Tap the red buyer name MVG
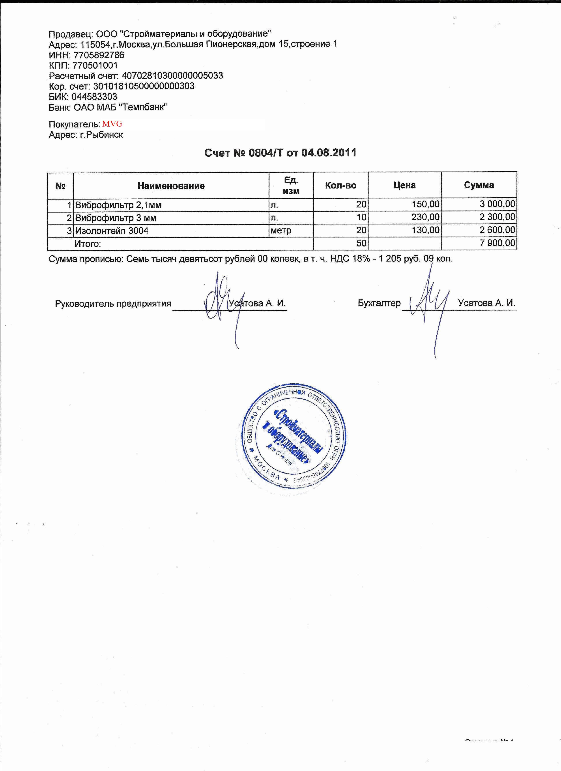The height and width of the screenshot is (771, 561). [x=112, y=124]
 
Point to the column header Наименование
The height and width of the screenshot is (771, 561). [x=171, y=186]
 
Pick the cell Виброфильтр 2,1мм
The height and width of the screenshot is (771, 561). [x=118, y=205]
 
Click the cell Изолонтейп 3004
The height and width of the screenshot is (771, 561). [x=112, y=231]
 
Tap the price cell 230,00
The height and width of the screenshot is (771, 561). [x=425, y=217]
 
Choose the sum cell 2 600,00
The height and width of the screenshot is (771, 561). [x=497, y=230]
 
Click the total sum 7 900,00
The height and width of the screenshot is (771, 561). [x=497, y=243]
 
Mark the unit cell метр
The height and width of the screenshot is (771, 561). [x=281, y=231]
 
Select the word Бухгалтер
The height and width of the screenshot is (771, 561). [x=379, y=303]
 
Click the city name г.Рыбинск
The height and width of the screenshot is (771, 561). [x=101, y=135]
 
